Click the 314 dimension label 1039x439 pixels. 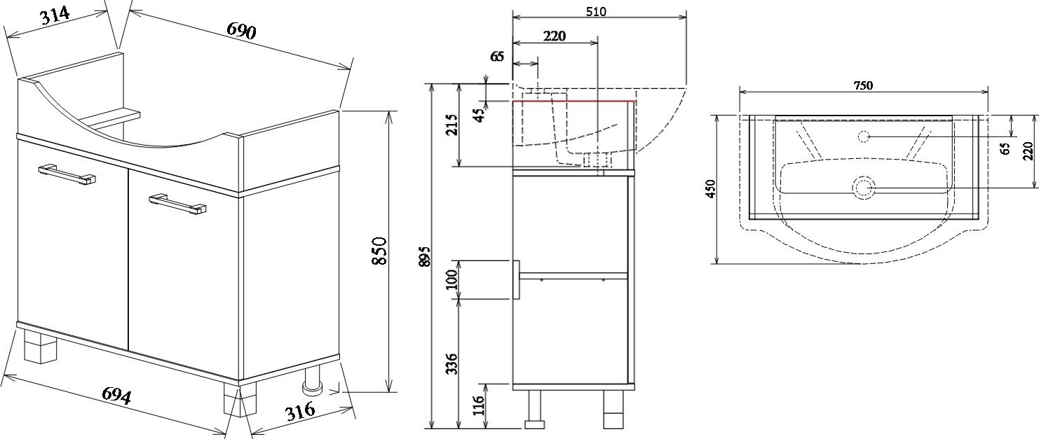click(55, 15)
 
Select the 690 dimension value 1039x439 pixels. click(241, 31)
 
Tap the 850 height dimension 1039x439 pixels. click(379, 251)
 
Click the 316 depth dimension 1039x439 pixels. click(300, 411)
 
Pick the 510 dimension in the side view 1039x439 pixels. click(596, 11)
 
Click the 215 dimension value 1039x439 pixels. click(451, 124)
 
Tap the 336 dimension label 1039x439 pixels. click(451, 363)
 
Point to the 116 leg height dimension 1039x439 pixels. click(480, 405)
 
